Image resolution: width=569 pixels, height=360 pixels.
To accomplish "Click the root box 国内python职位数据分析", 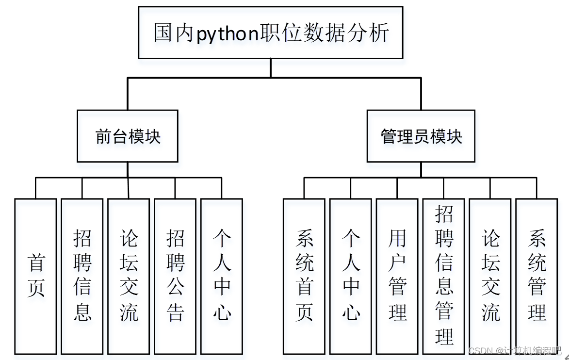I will [271, 33].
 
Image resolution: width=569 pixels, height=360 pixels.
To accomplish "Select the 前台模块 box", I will [128, 136].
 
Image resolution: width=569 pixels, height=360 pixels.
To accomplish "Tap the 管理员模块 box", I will [421, 136].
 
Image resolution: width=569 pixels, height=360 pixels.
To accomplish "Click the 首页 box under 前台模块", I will [35, 276].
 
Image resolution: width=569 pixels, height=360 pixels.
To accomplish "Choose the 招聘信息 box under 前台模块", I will [82, 276].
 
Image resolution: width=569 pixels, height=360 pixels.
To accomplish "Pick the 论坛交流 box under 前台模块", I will [129, 276].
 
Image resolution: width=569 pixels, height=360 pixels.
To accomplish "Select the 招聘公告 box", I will [175, 276].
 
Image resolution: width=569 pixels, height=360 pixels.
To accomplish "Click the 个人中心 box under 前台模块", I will [222, 276].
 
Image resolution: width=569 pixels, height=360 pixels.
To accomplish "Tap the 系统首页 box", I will [304, 276].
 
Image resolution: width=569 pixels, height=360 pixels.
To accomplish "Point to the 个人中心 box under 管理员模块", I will [351, 276].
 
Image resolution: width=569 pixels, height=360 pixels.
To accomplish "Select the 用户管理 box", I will [397, 276].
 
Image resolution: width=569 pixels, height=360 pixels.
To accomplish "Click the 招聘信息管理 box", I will [444, 276].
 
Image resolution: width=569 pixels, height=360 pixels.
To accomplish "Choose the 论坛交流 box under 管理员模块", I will [490, 276].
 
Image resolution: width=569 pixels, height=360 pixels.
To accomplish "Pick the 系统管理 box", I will [537, 276].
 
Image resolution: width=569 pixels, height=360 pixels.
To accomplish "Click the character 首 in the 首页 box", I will [36, 263].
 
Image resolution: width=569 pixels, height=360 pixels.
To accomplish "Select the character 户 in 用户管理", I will [397, 263].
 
